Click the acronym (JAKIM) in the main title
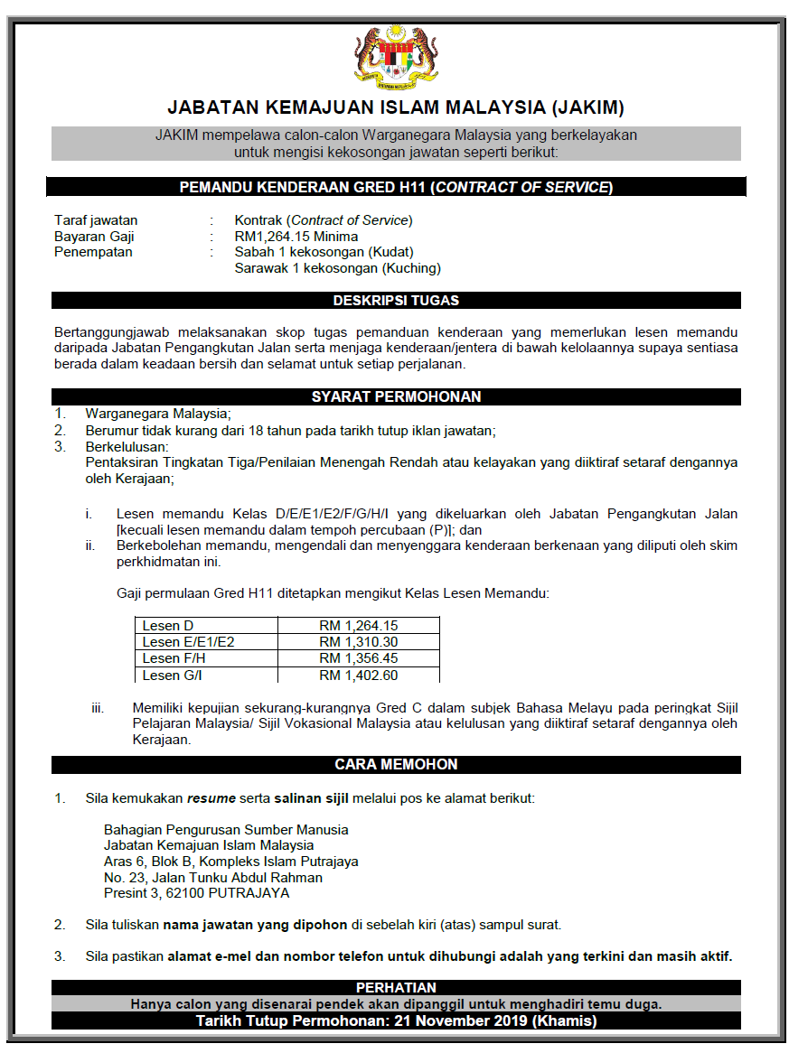click(587, 108)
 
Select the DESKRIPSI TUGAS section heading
click(396, 301)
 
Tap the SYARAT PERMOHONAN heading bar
click(396, 396)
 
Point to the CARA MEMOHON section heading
click(396, 764)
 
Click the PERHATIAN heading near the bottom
click(396, 988)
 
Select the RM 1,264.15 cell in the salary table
click(359, 626)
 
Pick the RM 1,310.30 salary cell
click(359, 642)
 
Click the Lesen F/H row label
click(174, 658)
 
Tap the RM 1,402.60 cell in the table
click(359, 675)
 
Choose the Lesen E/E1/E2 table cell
click(190, 642)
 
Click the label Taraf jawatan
click(96, 220)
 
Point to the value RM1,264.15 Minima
click(296, 237)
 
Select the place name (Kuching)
click(411, 268)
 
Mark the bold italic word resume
click(211, 798)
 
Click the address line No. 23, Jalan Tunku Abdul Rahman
click(213, 877)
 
